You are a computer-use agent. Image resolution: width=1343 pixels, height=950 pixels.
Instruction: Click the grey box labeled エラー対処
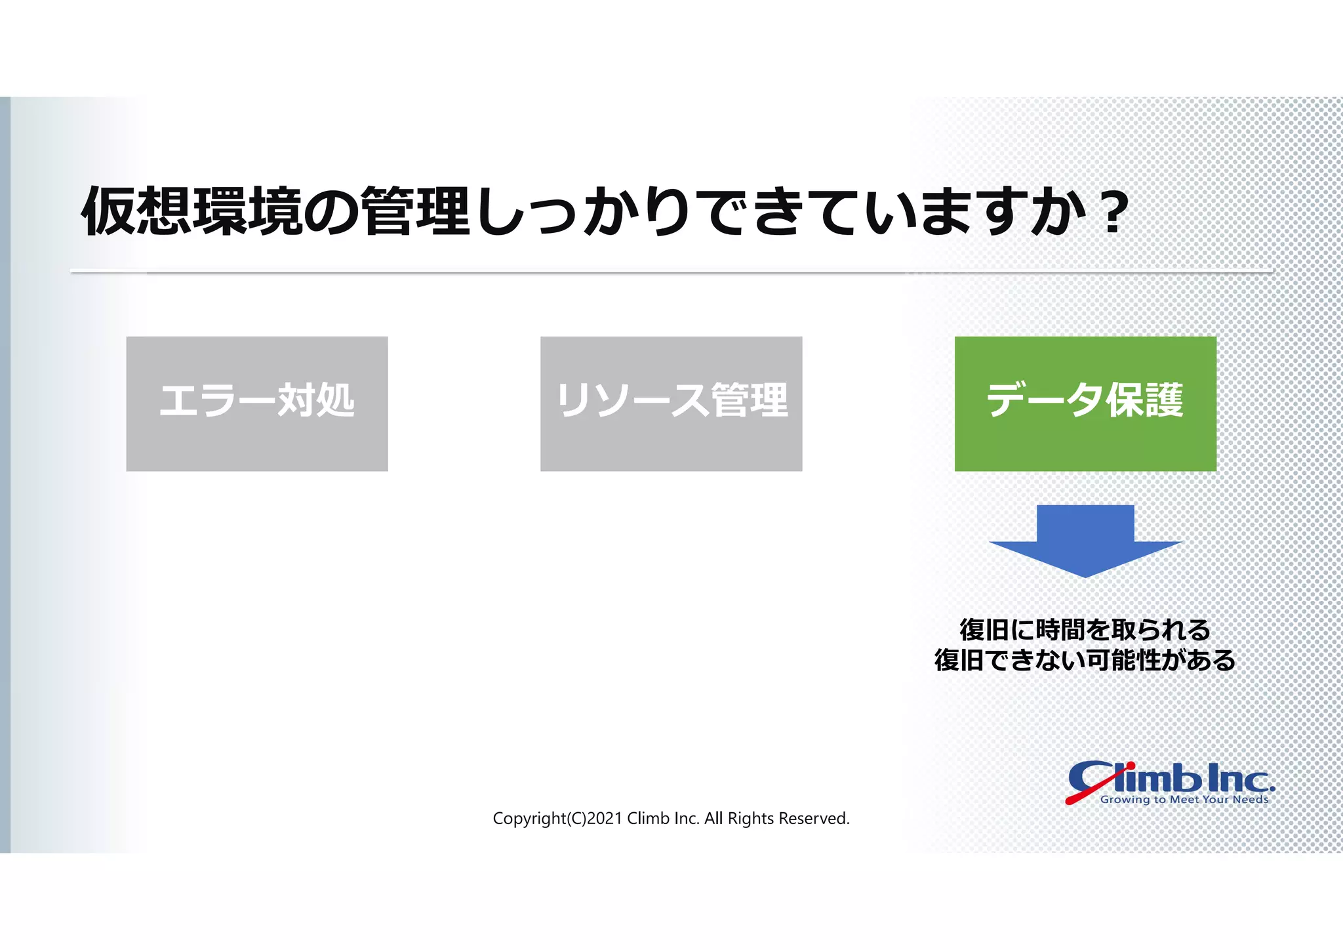tap(256, 403)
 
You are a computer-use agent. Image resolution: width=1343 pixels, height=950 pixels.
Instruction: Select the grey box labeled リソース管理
tap(671, 403)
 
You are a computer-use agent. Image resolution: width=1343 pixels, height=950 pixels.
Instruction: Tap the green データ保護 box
tap(1085, 403)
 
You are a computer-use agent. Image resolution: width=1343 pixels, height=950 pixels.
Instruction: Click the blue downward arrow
tap(1085, 541)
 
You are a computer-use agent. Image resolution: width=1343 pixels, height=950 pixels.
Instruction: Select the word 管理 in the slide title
tap(416, 211)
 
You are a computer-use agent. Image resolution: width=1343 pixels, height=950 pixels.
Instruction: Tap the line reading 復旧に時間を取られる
tap(1085, 630)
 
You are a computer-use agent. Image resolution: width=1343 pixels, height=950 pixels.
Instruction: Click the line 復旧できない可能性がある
tap(1085, 660)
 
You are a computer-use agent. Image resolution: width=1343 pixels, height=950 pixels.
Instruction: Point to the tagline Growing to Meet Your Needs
tap(1184, 800)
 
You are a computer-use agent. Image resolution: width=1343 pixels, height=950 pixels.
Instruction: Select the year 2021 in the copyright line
tap(605, 819)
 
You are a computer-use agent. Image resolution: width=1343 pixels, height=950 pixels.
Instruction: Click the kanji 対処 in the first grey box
tap(315, 400)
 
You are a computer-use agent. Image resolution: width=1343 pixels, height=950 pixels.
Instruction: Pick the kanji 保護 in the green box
tap(1145, 400)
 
